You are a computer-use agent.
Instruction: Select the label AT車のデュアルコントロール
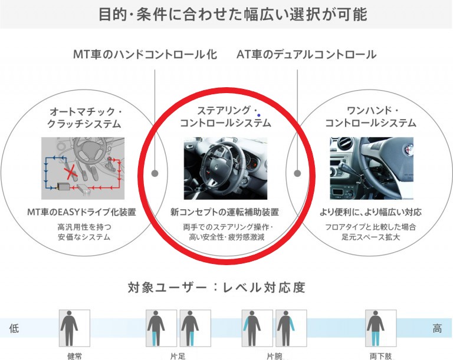pos(306,55)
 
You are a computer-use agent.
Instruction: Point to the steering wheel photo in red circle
pos(225,169)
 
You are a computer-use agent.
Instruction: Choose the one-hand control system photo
pos(370,169)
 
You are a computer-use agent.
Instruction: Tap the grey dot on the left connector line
pos(155,174)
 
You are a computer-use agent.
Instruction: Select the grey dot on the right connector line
pos(297,174)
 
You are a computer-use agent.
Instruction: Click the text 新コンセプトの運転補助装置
pos(225,212)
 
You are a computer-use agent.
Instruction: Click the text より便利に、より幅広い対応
pos(370,212)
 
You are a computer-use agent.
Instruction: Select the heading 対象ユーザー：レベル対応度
pos(216,288)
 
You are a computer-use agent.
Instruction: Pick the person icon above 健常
pos(74,328)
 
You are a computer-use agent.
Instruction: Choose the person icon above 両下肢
pos(375,328)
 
